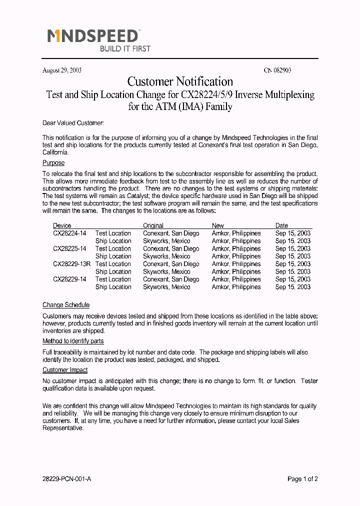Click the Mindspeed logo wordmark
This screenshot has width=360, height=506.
[x=93, y=36]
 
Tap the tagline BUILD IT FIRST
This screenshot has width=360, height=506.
[x=125, y=49]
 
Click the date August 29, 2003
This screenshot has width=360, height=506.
[x=62, y=70]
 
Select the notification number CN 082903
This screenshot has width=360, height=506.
[x=277, y=70]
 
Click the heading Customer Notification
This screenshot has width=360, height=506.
[x=180, y=81]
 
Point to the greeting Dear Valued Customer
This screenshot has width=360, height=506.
[x=73, y=123]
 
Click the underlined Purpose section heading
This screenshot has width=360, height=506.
[x=53, y=163]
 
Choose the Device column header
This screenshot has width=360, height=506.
[x=62, y=225]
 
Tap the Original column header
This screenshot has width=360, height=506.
[x=153, y=225]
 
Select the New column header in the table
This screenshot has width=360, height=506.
[x=218, y=225]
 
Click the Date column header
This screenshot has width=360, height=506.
[x=281, y=225]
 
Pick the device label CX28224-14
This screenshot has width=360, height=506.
[x=69, y=233]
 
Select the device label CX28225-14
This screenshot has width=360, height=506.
[x=69, y=248]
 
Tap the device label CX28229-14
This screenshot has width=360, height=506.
[x=69, y=279]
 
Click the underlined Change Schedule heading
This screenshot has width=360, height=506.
[x=66, y=305]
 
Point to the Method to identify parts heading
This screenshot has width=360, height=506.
[x=73, y=341]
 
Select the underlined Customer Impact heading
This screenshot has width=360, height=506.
[x=65, y=370]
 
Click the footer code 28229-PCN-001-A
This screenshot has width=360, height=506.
[x=67, y=479]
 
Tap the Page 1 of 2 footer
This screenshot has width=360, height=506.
[x=302, y=479]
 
